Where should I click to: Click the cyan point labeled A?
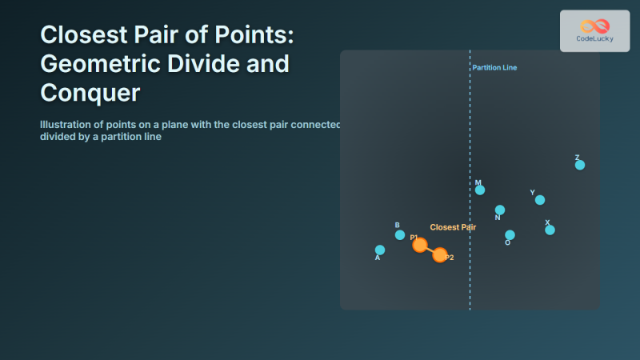380,250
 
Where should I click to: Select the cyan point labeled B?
400,234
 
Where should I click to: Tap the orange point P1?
420,245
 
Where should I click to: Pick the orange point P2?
440,255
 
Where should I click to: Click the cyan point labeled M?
480,190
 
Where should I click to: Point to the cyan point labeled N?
500,210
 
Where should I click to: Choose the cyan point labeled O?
510,235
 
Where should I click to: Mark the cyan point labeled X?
550,230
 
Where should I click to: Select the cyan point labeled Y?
540,200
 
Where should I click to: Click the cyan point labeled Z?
580,165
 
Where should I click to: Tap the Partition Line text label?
494,68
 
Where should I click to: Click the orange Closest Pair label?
453,227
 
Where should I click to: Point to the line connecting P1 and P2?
430,250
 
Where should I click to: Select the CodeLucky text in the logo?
594,38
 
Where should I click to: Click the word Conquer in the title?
90,94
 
